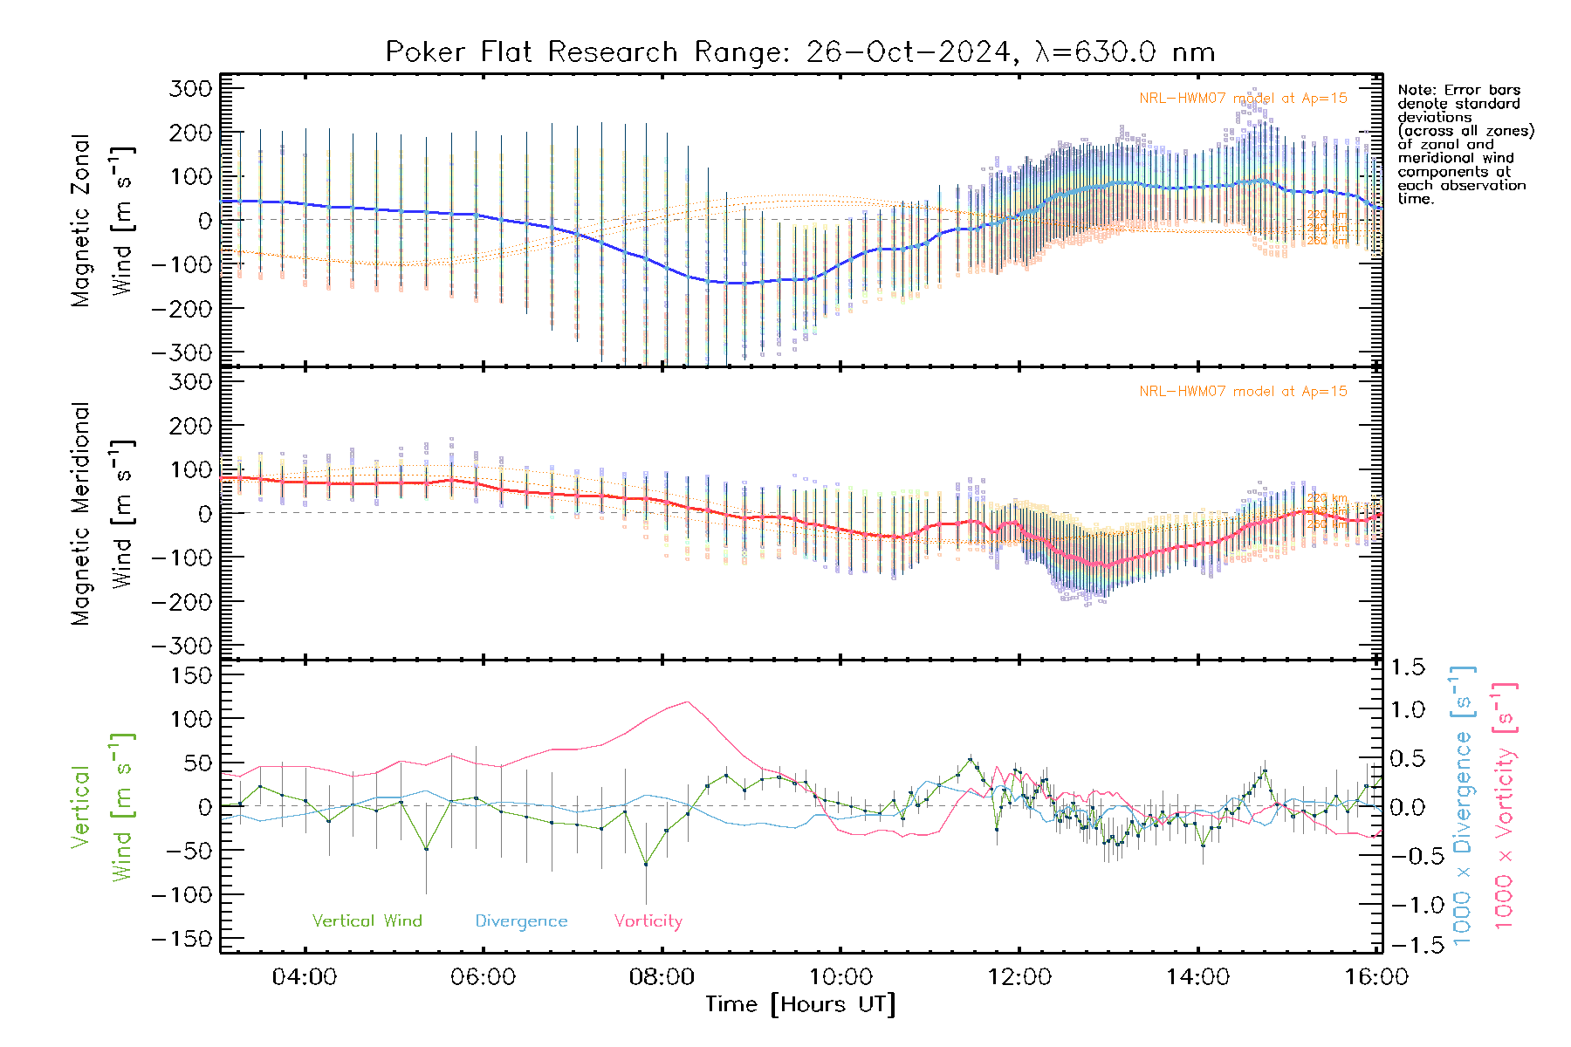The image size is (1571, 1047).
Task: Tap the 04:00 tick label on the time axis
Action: pyautogui.click(x=305, y=977)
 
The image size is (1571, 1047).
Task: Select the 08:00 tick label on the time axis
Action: pyautogui.click(x=662, y=977)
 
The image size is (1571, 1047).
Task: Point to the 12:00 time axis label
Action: pyautogui.click(x=1019, y=977)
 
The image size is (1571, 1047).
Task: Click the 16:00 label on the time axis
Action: pyautogui.click(x=1376, y=977)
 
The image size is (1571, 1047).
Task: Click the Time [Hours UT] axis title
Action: pyautogui.click(x=799, y=1004)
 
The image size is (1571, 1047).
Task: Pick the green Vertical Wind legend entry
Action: pyautogui.click(x=367, y=921)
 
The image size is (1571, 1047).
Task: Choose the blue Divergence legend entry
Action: pyautogui.click(x=521, y=921)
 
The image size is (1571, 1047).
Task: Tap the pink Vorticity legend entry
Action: pyautogui.click(x=648, y=921)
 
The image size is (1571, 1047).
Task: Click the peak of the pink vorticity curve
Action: pyautogui.click(x=688, y=701)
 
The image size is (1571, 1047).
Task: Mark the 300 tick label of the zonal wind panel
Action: pyautogui.click(x=190, y=88)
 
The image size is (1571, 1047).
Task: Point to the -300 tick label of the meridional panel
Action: pyautogui.click(x=182, y=646)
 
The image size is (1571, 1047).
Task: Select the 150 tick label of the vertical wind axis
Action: pyautogui.click(x=190, y=675)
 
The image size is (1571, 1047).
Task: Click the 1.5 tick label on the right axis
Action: pyautogui.click(x=1408, y=667)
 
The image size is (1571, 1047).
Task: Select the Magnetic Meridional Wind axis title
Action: pyautogui.click(x=103, y=514)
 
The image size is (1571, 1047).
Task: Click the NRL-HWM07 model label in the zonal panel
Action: pyautogui.click(x=1243, y=99)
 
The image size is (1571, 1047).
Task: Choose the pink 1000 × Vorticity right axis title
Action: pyautogui.click(x=1505, y=806)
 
